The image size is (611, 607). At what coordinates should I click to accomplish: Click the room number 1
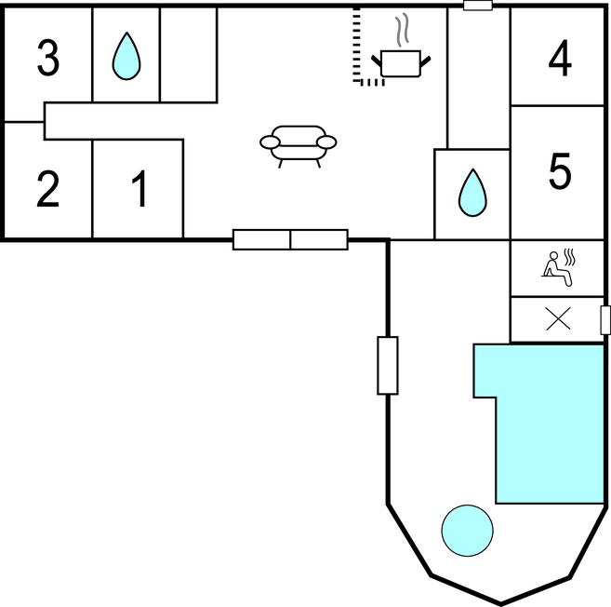(139, 188)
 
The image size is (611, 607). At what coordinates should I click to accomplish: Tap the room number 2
(48, 189)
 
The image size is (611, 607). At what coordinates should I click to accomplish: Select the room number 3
(48, 58)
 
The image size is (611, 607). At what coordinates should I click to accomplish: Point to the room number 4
(560, 59)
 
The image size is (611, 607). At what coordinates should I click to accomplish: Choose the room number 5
(560, 171)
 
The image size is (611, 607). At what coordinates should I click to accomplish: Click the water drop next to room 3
(126, 56)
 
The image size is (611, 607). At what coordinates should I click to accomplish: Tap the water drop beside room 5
(472, 193)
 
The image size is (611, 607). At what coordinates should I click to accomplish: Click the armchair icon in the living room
(299, 146)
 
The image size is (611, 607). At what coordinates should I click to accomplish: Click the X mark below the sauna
(558, 318)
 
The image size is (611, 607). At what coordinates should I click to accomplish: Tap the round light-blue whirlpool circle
(467, 531)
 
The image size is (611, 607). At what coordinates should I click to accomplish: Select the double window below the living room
(290, 239)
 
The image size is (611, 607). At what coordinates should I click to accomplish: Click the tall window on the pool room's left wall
(388, 366)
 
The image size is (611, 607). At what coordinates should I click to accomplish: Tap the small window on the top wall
(478, 6)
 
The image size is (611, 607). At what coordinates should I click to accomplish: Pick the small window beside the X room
(605, 320)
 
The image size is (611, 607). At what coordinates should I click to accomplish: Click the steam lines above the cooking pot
(403, 29)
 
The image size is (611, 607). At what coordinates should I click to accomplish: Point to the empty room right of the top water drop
(189, 55)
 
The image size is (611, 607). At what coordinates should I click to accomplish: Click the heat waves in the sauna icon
(570, 258)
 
